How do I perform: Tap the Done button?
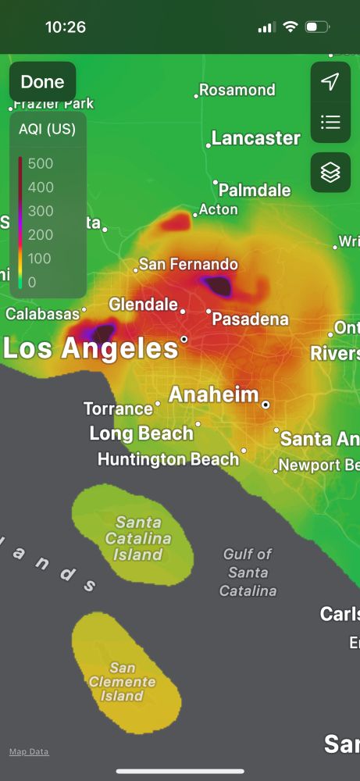point(42,82)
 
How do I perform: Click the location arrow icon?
point(330,82)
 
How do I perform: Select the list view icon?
point(330,122)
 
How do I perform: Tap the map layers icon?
point(330,173)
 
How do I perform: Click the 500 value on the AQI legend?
point(41,163)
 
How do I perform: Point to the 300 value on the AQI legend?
point(41,211)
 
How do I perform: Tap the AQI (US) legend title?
point(47,130)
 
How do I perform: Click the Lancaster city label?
point(255,138)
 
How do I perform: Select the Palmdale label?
point(255,190)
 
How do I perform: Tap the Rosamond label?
point(237,90)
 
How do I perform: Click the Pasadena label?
point(250,319)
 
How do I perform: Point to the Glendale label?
point(143,304)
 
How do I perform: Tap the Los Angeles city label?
point(91,348)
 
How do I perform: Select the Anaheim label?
point(213,394)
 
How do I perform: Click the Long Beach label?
point(141,433)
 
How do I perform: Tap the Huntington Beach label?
point(168,459)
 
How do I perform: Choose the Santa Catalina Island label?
point(137,538)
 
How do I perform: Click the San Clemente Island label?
point(122,682)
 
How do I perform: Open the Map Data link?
point(29,751)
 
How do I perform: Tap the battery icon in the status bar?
point(316,27)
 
